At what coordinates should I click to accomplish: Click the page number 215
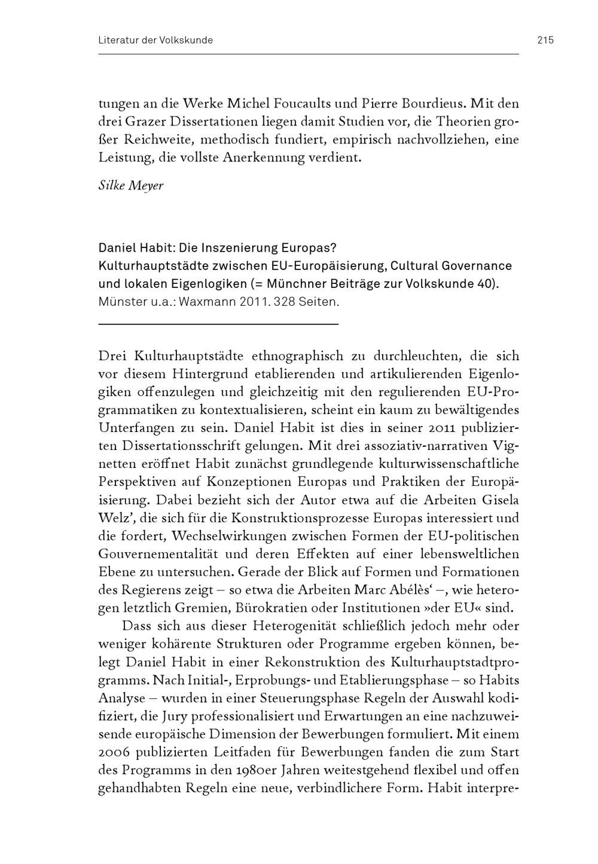coord(545,41)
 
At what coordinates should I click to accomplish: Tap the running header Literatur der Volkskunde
coord(155,41)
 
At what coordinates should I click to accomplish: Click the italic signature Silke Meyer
coord(130,185)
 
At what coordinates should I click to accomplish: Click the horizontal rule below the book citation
coord(218,324)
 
